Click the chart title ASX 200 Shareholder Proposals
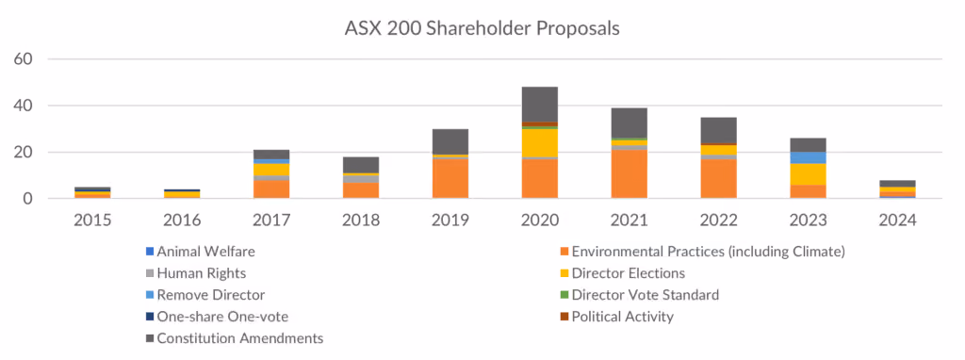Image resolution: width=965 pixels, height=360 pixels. [482, 28]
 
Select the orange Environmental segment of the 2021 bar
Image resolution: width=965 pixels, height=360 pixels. [630, 174]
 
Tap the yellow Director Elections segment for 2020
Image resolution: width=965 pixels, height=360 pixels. [540, 142]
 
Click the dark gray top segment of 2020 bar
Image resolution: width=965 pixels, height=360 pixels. [540, 105]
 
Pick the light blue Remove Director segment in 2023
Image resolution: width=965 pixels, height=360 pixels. [808, 157]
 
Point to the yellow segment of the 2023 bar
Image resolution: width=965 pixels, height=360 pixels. [808, 174]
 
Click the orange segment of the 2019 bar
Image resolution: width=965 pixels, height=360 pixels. [450, 178]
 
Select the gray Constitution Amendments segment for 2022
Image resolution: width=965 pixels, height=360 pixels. [718, 130]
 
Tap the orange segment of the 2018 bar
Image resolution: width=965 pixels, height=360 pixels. [361, 190]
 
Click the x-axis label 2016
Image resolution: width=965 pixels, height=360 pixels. [182, 220]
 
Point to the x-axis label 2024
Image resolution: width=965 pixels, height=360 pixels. [897, 220]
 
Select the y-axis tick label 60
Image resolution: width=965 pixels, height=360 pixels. [23, 59]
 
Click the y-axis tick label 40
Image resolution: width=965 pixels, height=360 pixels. [23, 106]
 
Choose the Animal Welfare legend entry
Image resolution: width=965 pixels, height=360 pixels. [200, 251]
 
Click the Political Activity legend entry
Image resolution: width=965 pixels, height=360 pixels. [616, 317]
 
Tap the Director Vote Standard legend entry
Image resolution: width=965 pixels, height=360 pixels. [639, 295]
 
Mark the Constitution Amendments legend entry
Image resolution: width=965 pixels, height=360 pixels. [234, 338]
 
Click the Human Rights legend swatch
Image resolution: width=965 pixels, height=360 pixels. [148, 273]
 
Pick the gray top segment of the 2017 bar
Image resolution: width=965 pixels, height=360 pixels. [272, 155]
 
